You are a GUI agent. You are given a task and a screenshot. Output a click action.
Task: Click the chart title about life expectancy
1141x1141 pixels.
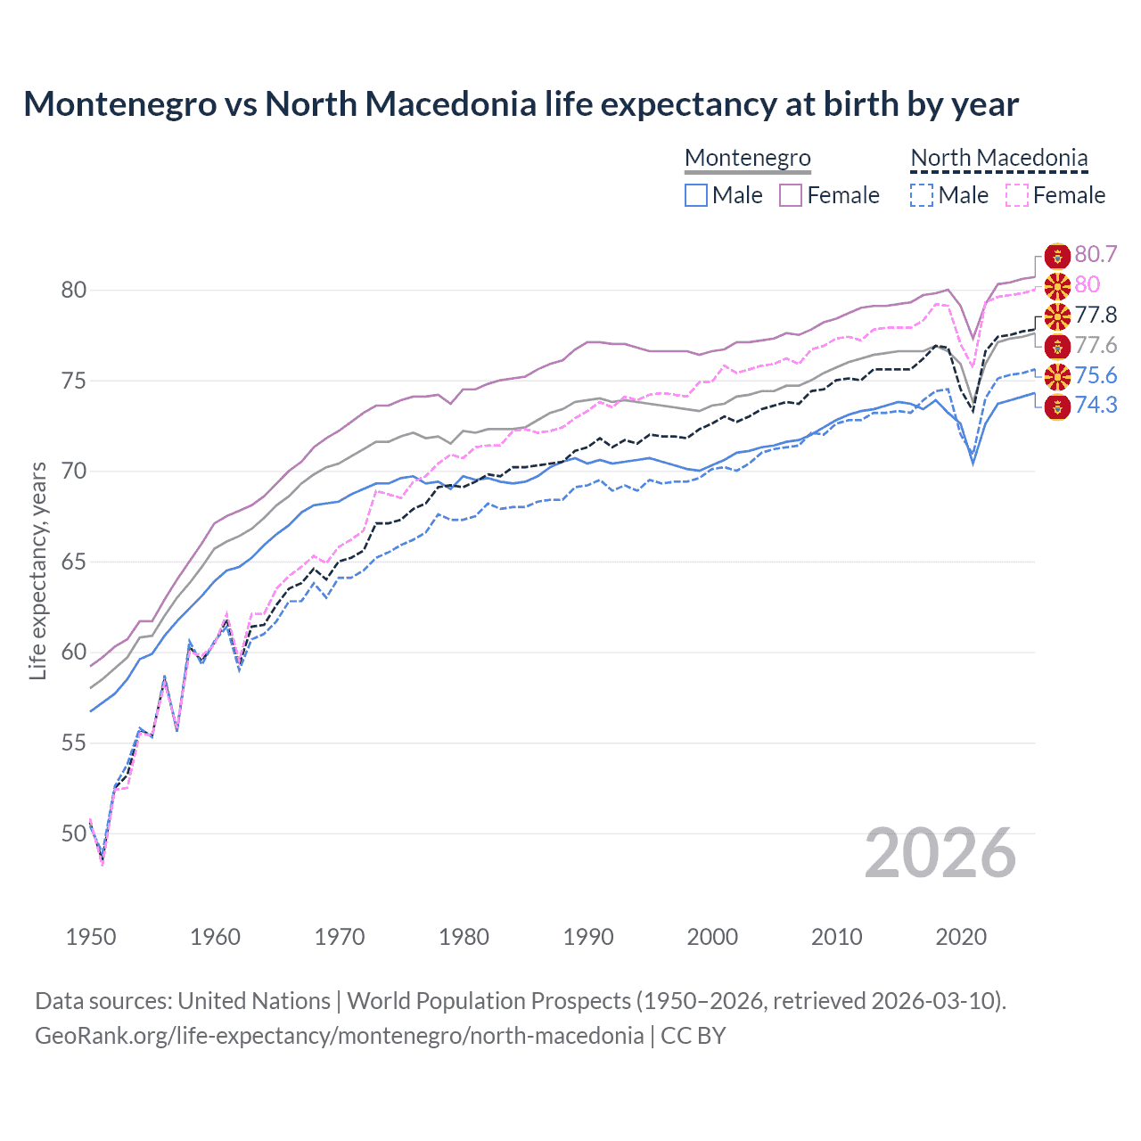(521, 104)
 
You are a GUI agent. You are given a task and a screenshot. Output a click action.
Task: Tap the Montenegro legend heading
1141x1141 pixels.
(748, 158)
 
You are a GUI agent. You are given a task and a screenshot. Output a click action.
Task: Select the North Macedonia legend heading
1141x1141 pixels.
(998, 158)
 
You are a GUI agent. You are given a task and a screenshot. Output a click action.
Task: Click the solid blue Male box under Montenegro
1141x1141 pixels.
(696, 195)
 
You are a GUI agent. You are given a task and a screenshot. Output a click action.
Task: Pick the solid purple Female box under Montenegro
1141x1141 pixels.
(791, 195)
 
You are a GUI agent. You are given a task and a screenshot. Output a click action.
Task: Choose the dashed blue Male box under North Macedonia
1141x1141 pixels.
(922, 195)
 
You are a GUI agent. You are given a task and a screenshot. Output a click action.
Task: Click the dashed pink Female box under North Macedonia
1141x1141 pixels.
(1016, 195)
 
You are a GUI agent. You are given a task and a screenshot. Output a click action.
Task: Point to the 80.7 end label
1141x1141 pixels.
(1096, 255)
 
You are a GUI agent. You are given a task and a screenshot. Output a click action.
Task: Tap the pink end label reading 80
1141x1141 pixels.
(1087, 285)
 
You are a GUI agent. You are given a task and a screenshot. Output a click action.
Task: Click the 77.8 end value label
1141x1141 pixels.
(1096, 316)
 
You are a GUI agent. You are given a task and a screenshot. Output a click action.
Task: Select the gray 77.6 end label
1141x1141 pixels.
(1096, 346)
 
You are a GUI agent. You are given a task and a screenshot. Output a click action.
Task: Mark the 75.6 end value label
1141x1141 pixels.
(1096, 376)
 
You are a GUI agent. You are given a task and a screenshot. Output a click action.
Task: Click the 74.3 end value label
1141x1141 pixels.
(1096, 406)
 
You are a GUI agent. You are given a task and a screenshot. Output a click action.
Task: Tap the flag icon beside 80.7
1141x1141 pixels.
(1057, 256)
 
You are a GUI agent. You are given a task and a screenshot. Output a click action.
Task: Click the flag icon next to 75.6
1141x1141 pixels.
(1057, 376)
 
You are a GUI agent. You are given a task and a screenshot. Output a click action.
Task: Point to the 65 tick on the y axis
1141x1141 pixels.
(74, 562)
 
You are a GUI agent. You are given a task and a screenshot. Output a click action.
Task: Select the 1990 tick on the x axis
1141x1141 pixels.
(588, 937)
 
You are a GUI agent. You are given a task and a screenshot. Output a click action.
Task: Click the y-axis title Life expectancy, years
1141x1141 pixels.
(38, 570)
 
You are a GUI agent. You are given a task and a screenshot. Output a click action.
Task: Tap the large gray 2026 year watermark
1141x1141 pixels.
(940, 854)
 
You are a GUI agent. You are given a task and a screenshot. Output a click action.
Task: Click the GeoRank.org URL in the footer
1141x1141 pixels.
(339, 1036)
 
